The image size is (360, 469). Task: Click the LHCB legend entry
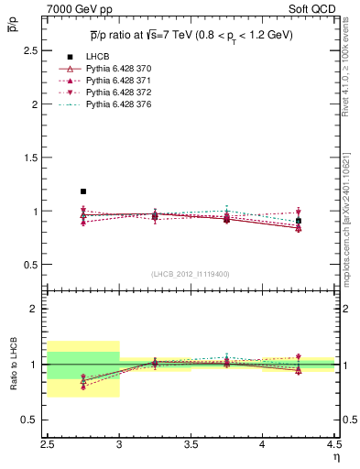tap(97, 58)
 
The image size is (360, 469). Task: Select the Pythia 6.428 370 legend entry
tap(120, 70)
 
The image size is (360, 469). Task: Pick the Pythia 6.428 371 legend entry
tap(120, 82)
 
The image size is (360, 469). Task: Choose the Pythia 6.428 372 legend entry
tap(120, 93)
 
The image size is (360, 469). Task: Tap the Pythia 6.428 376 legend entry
tap(120, 105)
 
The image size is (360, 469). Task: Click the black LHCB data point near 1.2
tap(83, 191)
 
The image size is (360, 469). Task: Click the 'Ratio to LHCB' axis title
tap(14, 364)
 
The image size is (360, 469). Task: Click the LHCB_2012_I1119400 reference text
tap(191, 274)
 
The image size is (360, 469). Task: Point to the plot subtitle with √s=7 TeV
tap(191, 35)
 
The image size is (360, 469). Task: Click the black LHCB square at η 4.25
tap(299, 221)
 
